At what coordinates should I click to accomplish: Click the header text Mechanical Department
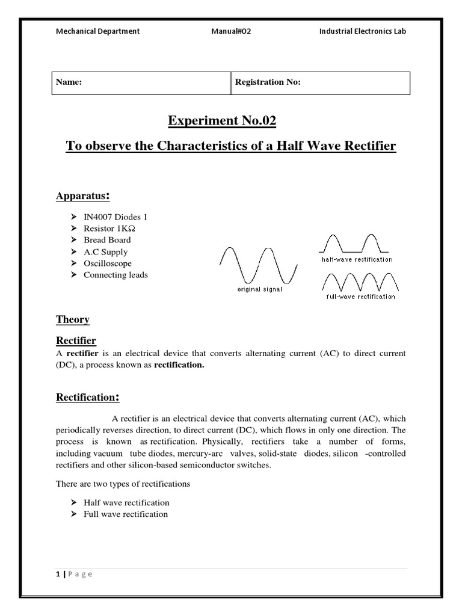click(x=97, y=31)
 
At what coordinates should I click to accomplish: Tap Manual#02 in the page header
click(x=231, y=31)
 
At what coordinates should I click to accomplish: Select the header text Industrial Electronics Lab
click(x=362, y=31)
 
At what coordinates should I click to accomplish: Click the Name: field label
click(x=69, y=82)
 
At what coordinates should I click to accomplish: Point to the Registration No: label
click(x=267, y=82)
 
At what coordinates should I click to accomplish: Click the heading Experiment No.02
click(x=221, y=121)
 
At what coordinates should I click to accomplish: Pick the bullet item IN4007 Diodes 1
click(x=115, y=217)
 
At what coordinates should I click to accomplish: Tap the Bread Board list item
click(x=107, y=240)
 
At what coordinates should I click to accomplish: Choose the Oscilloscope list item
click(x=107, y=263)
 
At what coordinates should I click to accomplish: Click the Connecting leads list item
click(x=115, y=275)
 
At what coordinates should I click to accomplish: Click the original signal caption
click(x=259, y=289)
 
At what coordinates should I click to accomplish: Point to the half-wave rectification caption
click(x=356, y=259)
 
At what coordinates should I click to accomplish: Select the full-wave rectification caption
click(x=360, y=297)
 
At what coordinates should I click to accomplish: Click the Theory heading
click(x=73, y=319)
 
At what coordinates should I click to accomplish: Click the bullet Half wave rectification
click(x=126, y=503)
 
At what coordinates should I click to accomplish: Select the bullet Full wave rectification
click(x=126, y=514)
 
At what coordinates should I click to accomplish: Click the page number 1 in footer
click(x=58, y=574)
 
